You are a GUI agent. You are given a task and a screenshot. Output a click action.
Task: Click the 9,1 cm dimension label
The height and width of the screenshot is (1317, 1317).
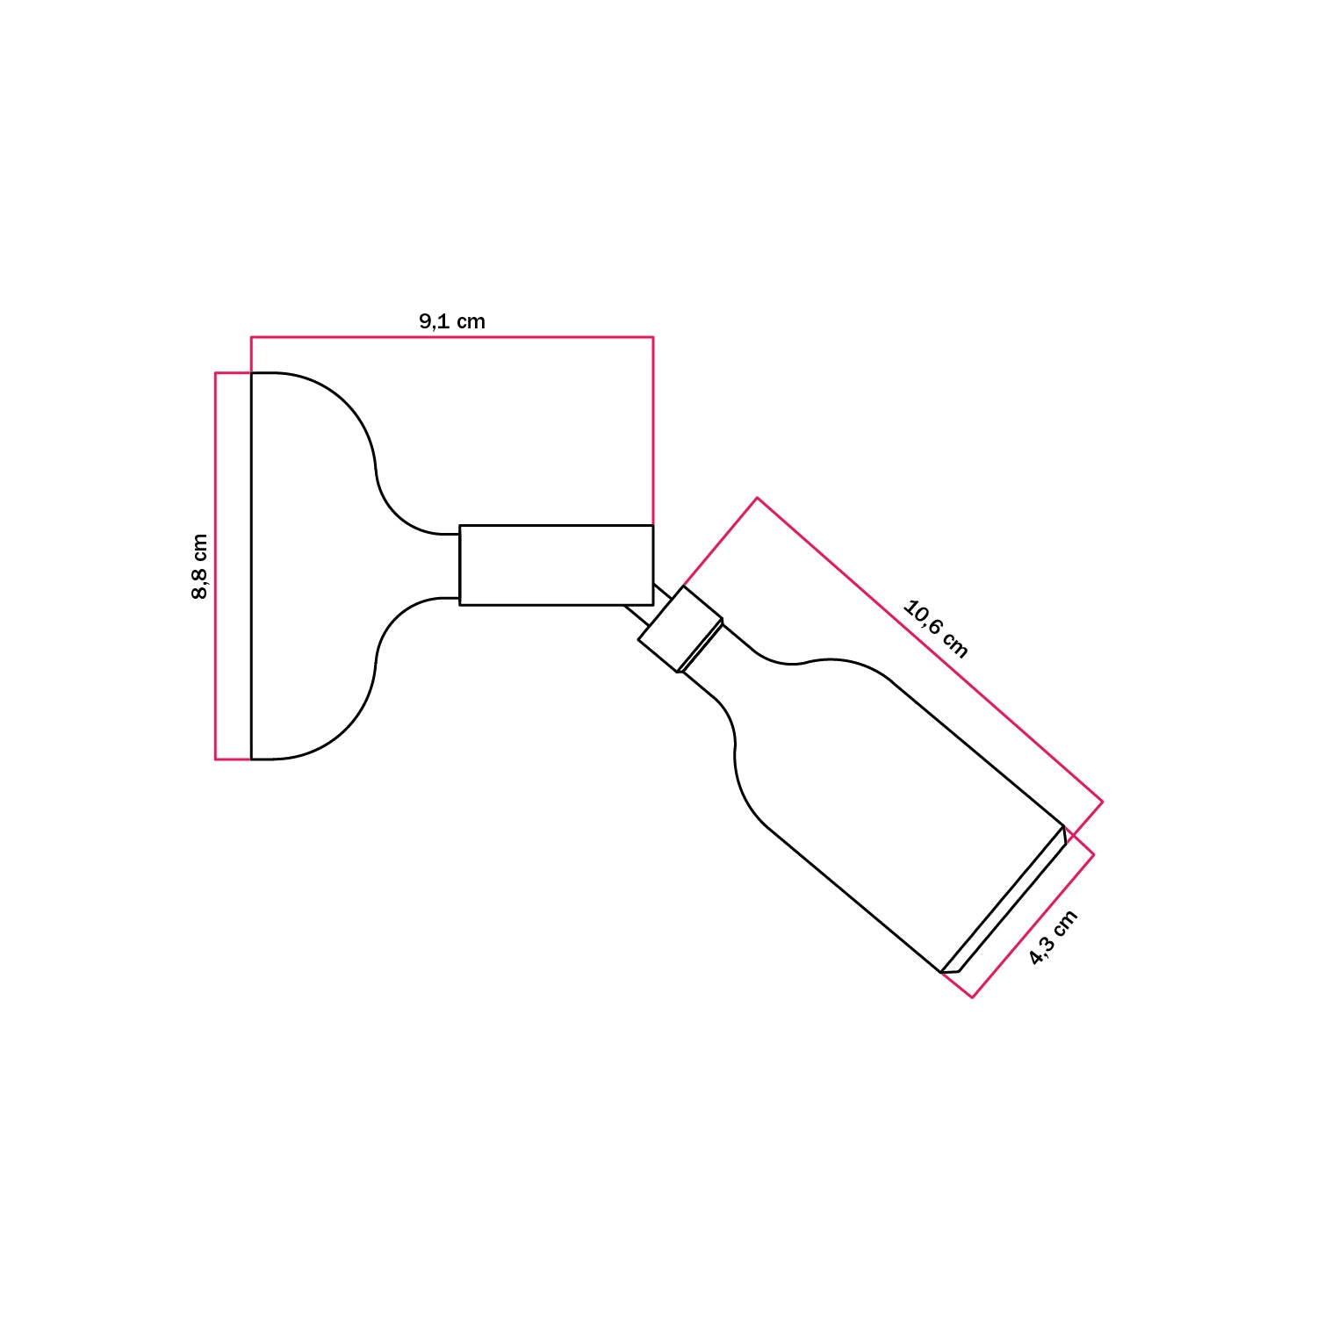[x=452, y=321]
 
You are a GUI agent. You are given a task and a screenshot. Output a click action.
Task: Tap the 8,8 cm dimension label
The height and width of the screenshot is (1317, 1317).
[x=200, y=566]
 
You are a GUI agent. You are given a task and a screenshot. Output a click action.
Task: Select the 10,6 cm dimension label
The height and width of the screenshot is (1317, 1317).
[x=936, y=629]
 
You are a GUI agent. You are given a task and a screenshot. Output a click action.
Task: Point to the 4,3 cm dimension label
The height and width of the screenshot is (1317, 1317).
[x=1053, y=938]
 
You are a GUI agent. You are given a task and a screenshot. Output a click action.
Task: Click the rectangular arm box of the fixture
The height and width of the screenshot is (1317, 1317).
[x=556, y=565]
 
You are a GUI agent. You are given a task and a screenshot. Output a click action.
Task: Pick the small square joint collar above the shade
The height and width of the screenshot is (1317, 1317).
[x=681, y=629]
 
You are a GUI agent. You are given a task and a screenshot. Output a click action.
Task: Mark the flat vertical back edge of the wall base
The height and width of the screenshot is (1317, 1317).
[x=252, y=566]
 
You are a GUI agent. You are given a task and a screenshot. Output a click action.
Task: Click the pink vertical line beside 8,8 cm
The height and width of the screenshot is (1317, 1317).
[x=216, y=566]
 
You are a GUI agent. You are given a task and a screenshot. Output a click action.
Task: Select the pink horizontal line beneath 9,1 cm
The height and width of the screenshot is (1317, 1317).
[x=452, y=337]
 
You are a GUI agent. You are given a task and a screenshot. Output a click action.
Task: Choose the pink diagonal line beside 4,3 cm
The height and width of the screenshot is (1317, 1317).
[x=1033, y=925]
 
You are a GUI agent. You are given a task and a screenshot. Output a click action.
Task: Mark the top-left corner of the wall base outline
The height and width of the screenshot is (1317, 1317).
[x=252, y=373]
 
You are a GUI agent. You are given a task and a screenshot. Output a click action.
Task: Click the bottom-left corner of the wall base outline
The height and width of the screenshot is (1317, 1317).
[x=252, y=759]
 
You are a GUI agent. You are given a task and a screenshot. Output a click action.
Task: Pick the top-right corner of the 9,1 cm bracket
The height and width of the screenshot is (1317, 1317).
[x=653, y=337]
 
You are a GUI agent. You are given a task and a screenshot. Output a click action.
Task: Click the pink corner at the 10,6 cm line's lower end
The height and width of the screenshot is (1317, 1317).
[x=1103, y=802]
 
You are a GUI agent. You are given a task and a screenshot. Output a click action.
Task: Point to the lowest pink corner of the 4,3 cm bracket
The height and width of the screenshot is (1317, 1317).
[x=972, y=997]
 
